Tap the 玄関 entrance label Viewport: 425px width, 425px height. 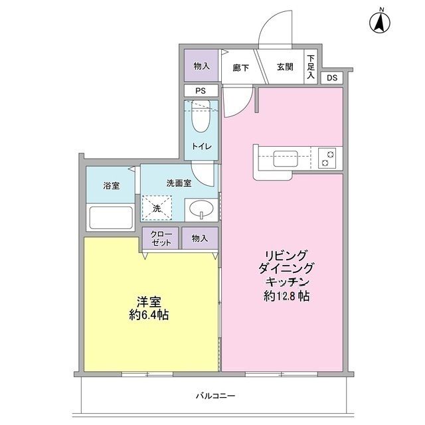pos(285,67)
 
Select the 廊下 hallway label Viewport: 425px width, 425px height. pos(240,67)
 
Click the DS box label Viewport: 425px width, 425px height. pos(332,78)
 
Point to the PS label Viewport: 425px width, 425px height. pos(200,92)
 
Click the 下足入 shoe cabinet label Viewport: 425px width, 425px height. pos(311,67)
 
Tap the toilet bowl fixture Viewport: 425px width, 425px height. pos(199,118)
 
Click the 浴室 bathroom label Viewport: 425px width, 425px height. pos(111,185)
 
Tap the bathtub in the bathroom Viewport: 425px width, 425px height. pos(111,217)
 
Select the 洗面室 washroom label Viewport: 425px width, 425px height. pos(179,183)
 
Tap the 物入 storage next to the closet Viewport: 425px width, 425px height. pos(200,238)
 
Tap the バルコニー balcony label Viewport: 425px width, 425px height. pos(215,396)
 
